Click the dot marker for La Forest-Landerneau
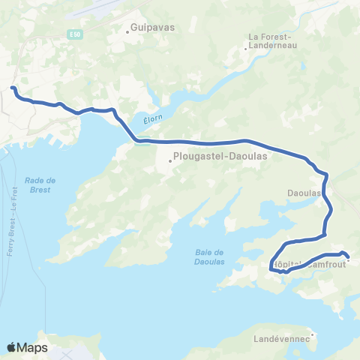pyautogui.click(x=245, y=49)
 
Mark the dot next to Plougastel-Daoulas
pyautogui.click(x=170, y=158)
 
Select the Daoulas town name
pyautogui.click(x=304, y=193)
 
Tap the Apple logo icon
pyautogui.click(x=12, y=347)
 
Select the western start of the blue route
pyautogui.click(x=13, y=88)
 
